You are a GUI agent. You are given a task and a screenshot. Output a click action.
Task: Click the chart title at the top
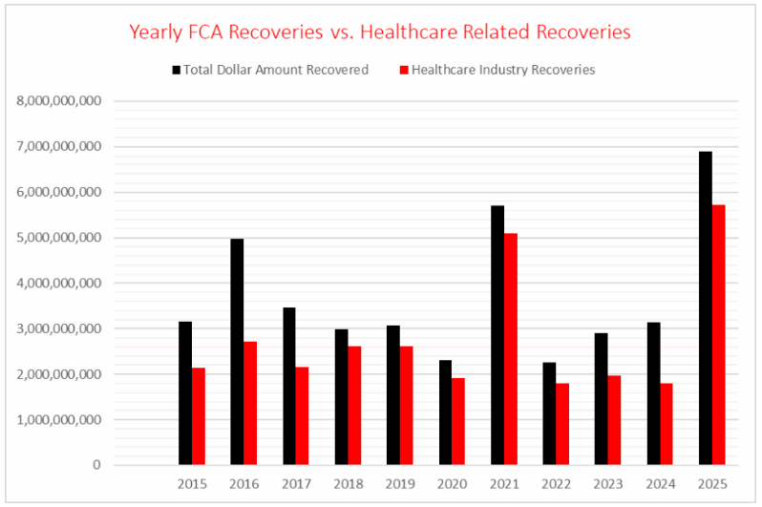pos(380,32)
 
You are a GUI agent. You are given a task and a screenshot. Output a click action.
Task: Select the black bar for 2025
pos(706,308)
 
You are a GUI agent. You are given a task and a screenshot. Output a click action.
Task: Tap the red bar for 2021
pos(511,349)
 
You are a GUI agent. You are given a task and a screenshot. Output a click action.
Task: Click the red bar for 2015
pos(199,416)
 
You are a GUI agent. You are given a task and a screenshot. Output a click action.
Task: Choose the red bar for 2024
pos(667,424)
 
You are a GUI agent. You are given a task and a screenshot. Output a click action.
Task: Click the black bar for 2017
pos(289,386)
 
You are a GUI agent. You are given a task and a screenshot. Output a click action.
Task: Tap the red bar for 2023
pos(615,420)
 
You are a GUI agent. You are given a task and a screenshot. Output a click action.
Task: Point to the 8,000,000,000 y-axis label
pos(59,101)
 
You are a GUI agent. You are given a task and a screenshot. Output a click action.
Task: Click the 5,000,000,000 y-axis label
pos(59,238)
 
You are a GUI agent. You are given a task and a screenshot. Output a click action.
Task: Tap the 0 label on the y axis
pos(96,465)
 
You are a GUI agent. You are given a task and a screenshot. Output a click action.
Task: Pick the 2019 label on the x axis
pos(400,485)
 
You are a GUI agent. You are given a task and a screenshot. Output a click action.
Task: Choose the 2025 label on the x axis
pos(712,485)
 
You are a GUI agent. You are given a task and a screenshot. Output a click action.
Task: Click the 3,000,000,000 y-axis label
pos(59,328)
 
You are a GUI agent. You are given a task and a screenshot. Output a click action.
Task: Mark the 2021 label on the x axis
pos(504,485)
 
